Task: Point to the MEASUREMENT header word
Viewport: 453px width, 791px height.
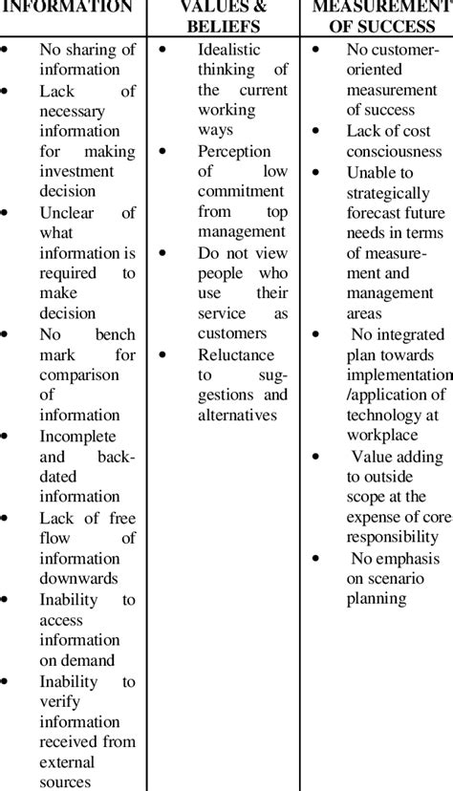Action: (x=382, y=7)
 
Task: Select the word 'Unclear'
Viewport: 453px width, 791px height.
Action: (x=66, y=212)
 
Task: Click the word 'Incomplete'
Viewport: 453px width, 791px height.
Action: (x=80, y=436)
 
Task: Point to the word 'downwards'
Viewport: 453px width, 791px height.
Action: (x=79, y=578)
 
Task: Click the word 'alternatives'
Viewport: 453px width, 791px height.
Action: (x=238, y=415)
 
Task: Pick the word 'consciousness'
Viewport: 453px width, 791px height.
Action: (x=394, y=151)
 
